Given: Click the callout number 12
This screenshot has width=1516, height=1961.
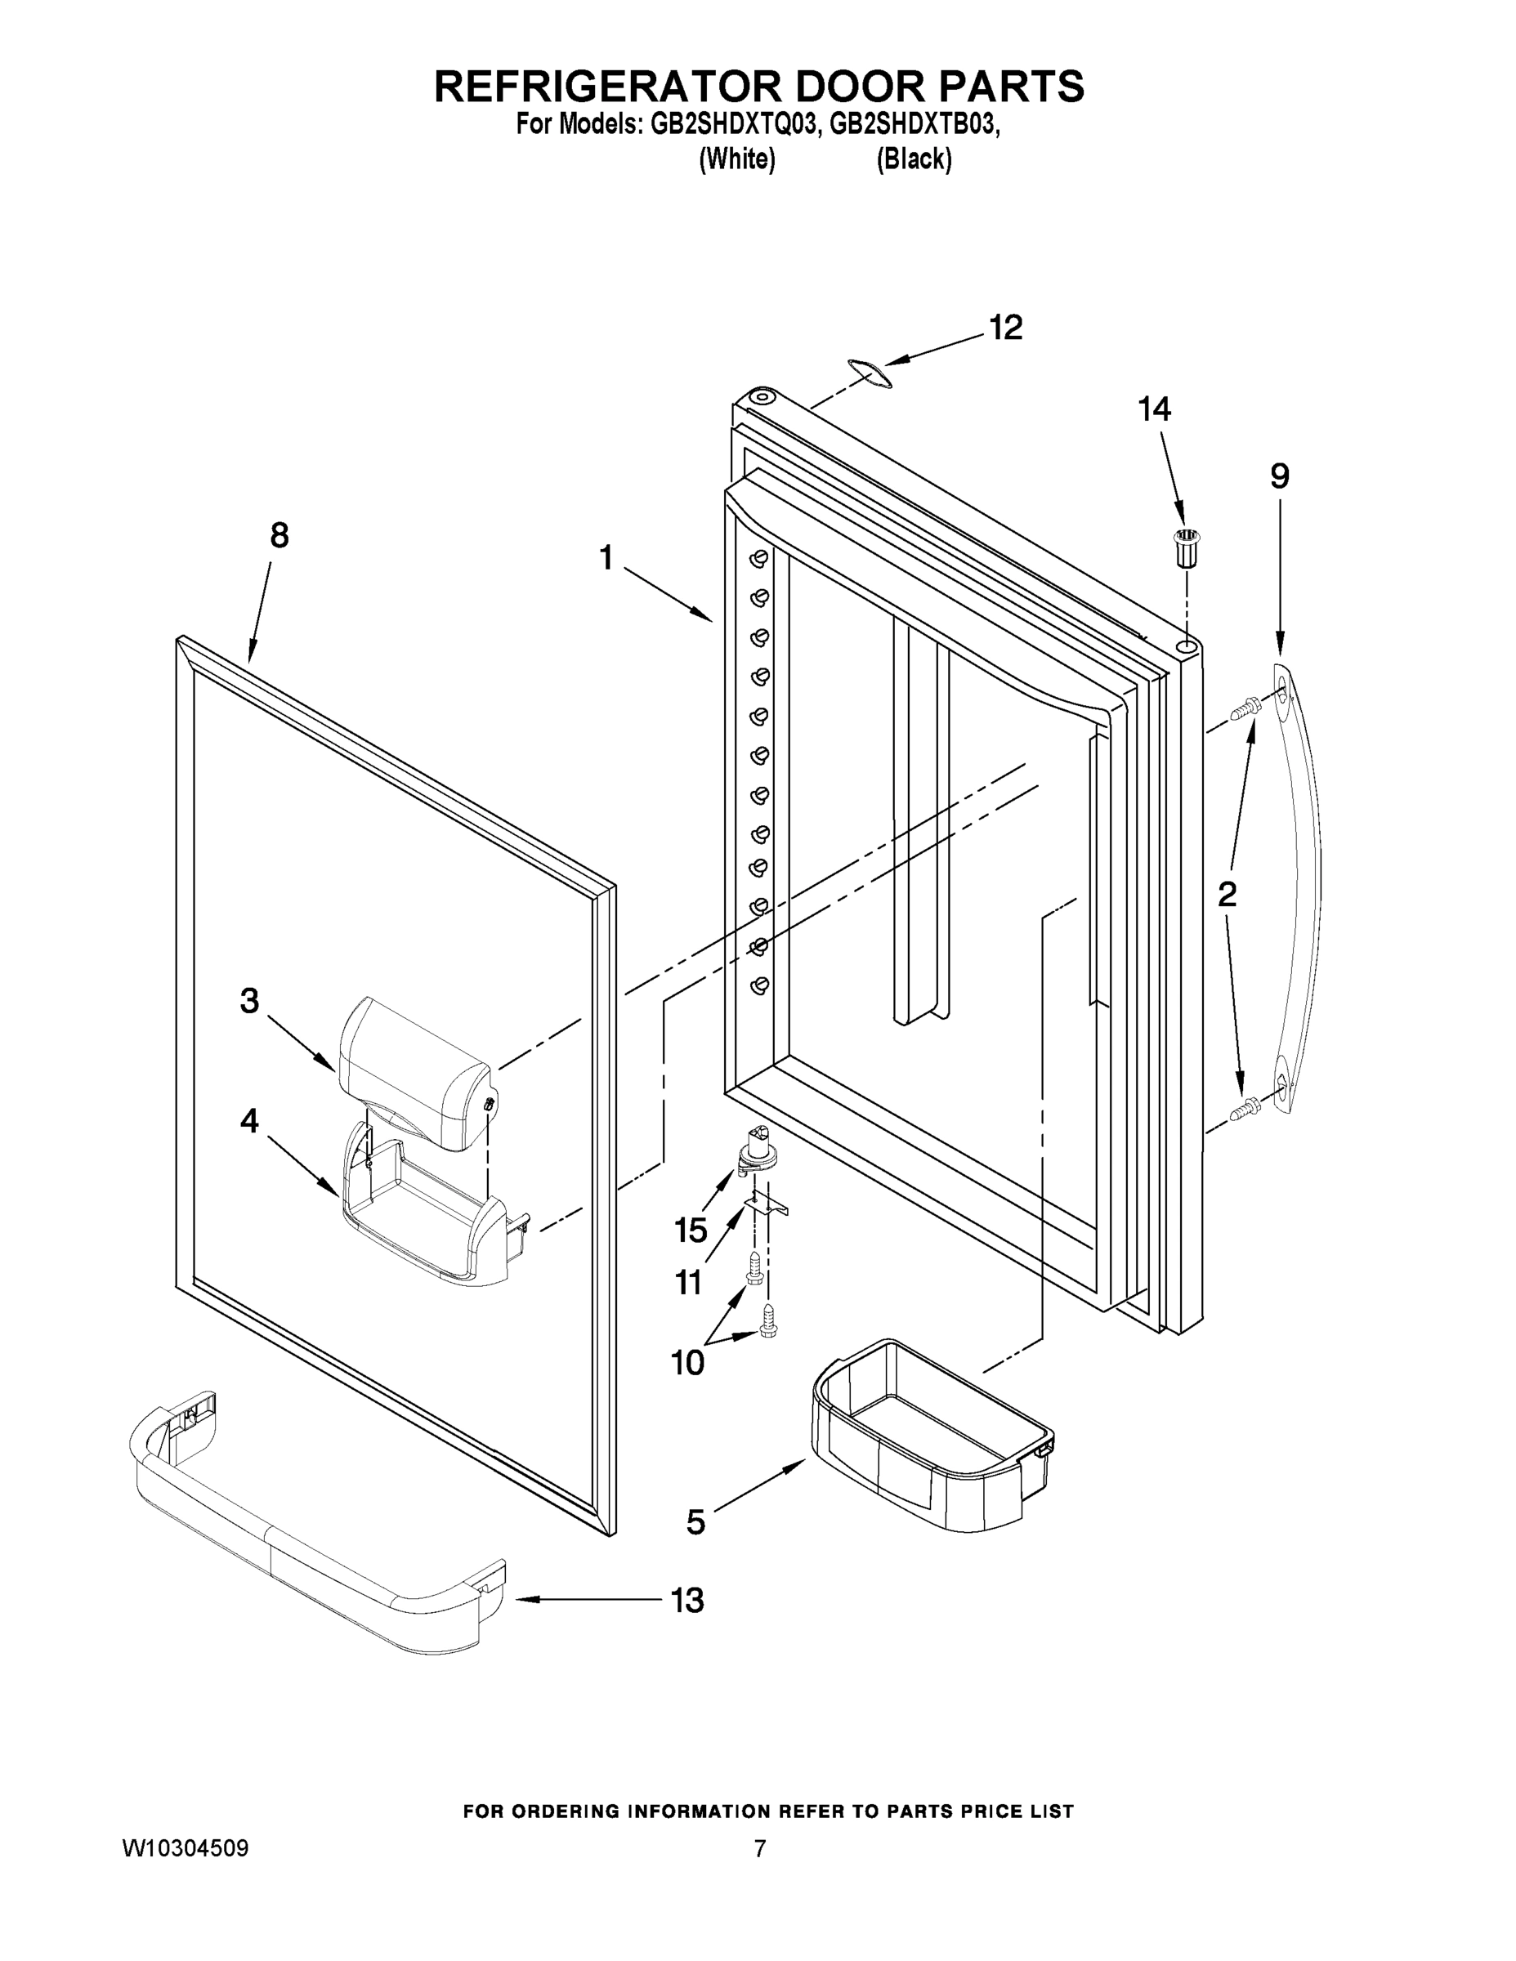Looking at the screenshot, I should pos(1006,328).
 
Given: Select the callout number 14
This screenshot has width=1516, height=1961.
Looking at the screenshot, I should pos(1154,409).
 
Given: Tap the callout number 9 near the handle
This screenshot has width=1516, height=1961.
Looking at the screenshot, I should pos(1280,476).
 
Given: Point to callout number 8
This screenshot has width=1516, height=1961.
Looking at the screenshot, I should pos(279,536).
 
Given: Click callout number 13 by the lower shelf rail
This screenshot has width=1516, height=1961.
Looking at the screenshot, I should pos(688,1600).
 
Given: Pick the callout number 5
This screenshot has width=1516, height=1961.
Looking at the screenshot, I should pos(696,1521).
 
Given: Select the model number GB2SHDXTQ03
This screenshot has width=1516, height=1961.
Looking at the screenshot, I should pos(732,125).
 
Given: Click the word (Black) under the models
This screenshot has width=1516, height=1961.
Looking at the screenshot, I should pos(914,159).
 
